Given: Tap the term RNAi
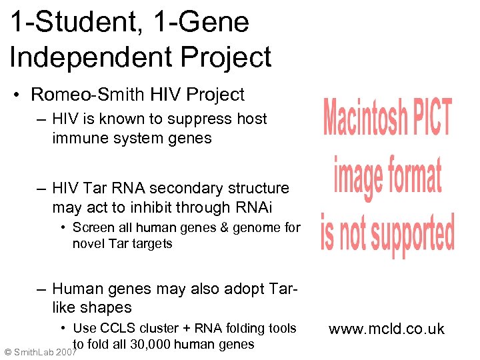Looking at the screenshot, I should coord(270,207).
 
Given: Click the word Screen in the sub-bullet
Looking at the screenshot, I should coord(93,227).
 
